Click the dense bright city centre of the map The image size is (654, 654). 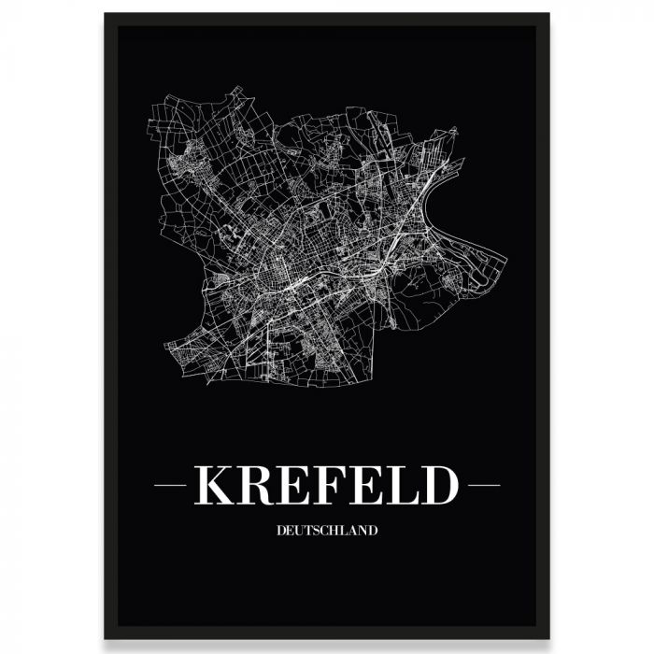point(280,271)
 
